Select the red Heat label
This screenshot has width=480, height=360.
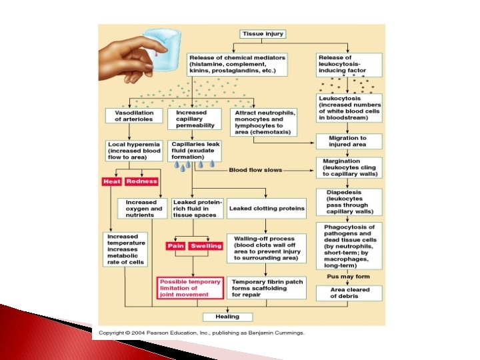(111, 181)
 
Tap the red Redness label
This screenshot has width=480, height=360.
(141, 181)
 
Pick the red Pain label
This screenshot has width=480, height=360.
(175, 246)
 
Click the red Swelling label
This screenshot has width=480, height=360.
(206, 246)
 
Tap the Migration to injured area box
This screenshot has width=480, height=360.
(347, 141)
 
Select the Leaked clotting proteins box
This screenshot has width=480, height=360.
(266, 208)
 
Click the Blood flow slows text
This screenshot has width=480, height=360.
(256, 170)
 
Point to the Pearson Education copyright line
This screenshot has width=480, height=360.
(202, 332)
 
